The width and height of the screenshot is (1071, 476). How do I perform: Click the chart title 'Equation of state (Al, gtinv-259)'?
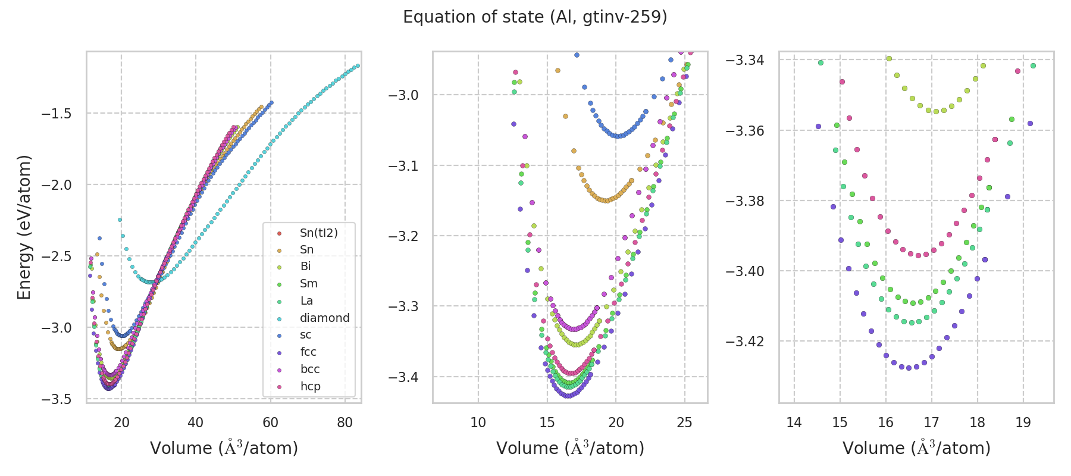535,17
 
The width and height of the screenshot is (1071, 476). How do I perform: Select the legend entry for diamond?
324,318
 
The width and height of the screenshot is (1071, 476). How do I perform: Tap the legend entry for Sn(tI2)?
318,233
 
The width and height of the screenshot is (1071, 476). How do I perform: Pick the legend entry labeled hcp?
310,386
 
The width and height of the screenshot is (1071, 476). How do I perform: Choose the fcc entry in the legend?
308,352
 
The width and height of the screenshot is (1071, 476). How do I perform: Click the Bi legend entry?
305,267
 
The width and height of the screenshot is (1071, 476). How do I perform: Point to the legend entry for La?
306,300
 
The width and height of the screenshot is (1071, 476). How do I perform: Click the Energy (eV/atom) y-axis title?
24,227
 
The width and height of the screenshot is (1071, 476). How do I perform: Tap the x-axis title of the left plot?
224,447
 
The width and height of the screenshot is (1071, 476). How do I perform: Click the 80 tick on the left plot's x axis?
345,422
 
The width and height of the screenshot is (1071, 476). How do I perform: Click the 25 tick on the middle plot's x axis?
685,422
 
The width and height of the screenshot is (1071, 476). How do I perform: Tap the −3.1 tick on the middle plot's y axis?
404,165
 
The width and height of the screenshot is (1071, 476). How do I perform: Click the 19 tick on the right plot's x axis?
1023,422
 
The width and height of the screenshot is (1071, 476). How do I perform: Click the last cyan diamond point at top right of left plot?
358,65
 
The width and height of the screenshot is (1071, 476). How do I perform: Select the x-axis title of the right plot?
916,447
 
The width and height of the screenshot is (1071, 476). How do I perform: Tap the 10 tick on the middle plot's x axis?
478,422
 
